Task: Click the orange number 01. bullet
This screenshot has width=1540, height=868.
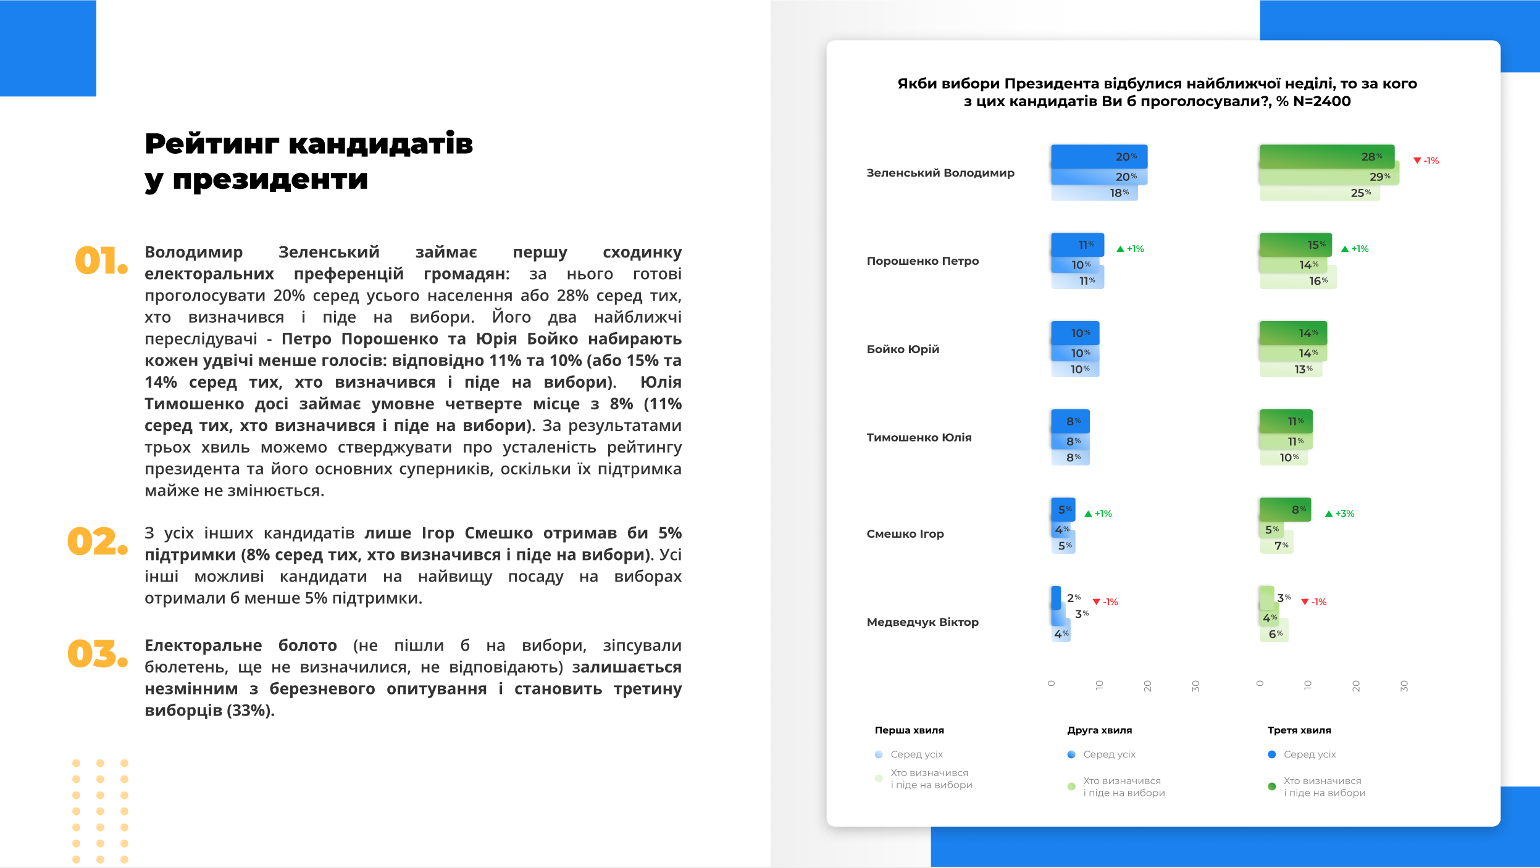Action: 101,261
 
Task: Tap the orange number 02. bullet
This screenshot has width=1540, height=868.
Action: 98,541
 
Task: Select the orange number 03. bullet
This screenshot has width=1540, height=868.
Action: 98,654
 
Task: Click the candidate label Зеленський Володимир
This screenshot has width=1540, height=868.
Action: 940,173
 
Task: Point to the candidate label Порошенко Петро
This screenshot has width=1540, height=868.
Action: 923,261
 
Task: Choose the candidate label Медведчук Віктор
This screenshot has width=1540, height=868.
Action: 923,622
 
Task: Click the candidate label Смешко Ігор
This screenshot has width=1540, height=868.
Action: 905,534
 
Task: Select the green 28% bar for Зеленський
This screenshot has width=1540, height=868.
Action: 1326,157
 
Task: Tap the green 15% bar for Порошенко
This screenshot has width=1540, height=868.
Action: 1295,244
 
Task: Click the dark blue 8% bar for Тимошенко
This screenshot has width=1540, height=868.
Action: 1069,421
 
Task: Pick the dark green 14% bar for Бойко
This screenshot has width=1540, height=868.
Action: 1292,333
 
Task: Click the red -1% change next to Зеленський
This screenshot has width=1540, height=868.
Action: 1426,161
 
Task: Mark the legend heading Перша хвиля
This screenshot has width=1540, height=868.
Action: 909,730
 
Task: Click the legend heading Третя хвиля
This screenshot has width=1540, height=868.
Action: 1299,730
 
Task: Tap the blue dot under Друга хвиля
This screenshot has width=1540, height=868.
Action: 1071,754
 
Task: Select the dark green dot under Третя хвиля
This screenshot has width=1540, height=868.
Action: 1271,787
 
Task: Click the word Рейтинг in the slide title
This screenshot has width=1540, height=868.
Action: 212,144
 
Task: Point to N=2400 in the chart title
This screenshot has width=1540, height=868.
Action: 1321,101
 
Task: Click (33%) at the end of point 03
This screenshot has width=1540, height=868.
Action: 250,711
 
